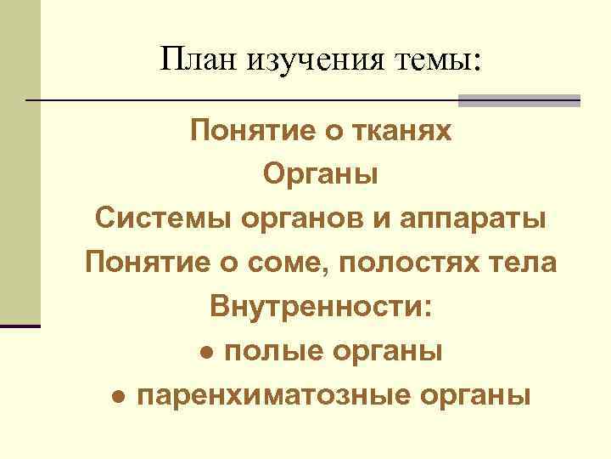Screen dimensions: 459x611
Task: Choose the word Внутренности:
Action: point(321,307)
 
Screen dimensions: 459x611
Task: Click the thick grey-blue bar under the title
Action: point(519,100)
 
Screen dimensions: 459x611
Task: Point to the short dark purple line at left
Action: point(20,326)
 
